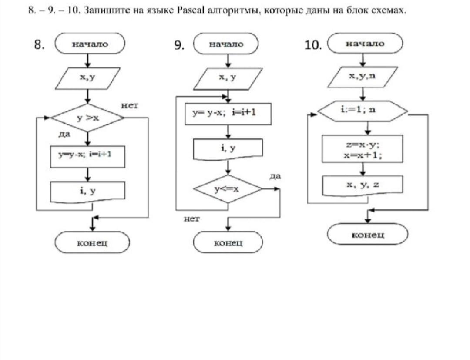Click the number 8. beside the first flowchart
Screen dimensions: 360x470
(x=40, y=44)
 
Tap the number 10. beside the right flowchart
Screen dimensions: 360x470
(x=312, y=45)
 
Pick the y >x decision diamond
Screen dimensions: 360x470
(x=87, y=118)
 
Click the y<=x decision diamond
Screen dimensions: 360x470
(x=228, y=189)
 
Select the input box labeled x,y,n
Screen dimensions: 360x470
(x=362, y=77)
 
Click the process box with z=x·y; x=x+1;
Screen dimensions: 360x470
(x=362, y=149)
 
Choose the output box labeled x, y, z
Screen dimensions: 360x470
(x=362, y=185)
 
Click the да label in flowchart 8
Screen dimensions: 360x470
(x=64, y=135)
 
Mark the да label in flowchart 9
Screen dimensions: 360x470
(x=275, y=177)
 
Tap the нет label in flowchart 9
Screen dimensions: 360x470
(x=191, y=219)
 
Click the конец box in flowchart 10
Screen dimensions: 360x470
(x=368, y=235)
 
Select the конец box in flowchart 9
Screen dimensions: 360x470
(x=228, y=242)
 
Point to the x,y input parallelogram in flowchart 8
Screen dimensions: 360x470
(x=87, y=78)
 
